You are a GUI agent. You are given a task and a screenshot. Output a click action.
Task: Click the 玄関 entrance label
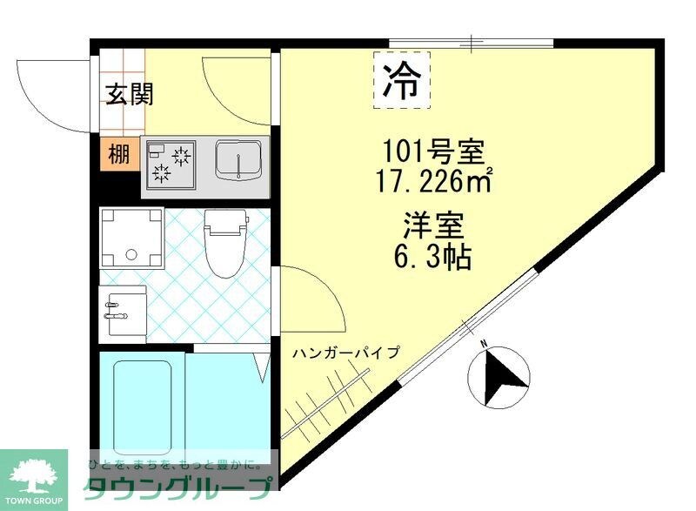click(x=130, y=94)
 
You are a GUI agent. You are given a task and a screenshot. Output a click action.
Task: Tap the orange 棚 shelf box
click(x=118, y=155)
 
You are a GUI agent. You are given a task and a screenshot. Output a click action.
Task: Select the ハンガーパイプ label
click(x=345, y=353)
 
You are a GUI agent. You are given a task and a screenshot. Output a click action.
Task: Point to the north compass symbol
click(x=499, y=375)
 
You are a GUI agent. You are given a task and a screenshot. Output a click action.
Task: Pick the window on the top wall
click(x=471, y=42)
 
